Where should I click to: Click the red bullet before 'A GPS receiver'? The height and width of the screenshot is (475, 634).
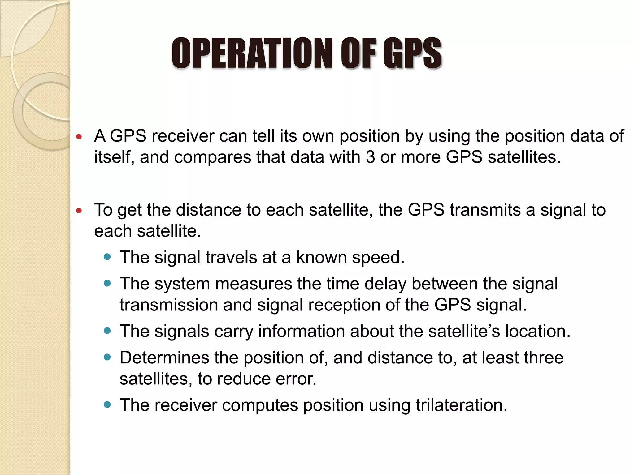pos(79,136)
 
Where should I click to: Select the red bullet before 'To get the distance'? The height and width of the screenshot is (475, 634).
pos(79,211)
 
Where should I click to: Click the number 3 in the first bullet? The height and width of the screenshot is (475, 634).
pos(370,157)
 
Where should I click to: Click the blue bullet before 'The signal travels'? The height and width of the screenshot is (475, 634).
pos(107,257)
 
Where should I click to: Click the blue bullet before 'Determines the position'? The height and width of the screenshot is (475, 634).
pos(107,357)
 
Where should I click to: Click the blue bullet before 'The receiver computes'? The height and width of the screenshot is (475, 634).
pos(107,404)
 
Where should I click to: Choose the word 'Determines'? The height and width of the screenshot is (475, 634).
pos(164,357)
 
